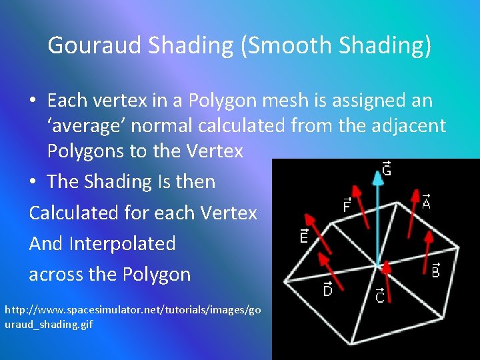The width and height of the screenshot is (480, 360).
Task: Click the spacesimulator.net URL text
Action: [x=133, y=317]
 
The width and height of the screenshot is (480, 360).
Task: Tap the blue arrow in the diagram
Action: [x=379, y=213]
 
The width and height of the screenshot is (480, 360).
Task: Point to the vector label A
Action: [x=426, y=200]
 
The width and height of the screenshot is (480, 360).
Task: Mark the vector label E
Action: [x=304, y=236]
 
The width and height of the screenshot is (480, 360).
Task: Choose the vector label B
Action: [x=435, y=271]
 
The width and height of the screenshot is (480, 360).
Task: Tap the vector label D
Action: [x=327, y=289]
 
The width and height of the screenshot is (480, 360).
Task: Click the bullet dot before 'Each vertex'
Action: [x=33, y=101]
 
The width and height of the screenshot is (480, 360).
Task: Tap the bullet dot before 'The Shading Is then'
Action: [x=33, y=182]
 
